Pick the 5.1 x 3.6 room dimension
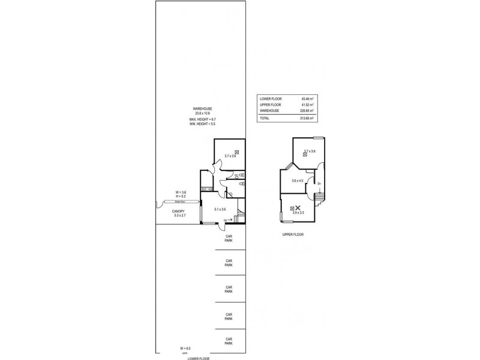pos(220,209)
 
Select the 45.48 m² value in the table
pos(308,98)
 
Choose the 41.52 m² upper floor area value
pos(308,104)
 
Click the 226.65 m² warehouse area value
pos(308,110)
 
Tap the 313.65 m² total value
pos(308,118)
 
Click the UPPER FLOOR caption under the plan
pos(293,235)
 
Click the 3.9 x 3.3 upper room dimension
pos(298,212)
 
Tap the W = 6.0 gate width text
pos(185,348)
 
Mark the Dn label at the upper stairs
pos(319,184)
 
